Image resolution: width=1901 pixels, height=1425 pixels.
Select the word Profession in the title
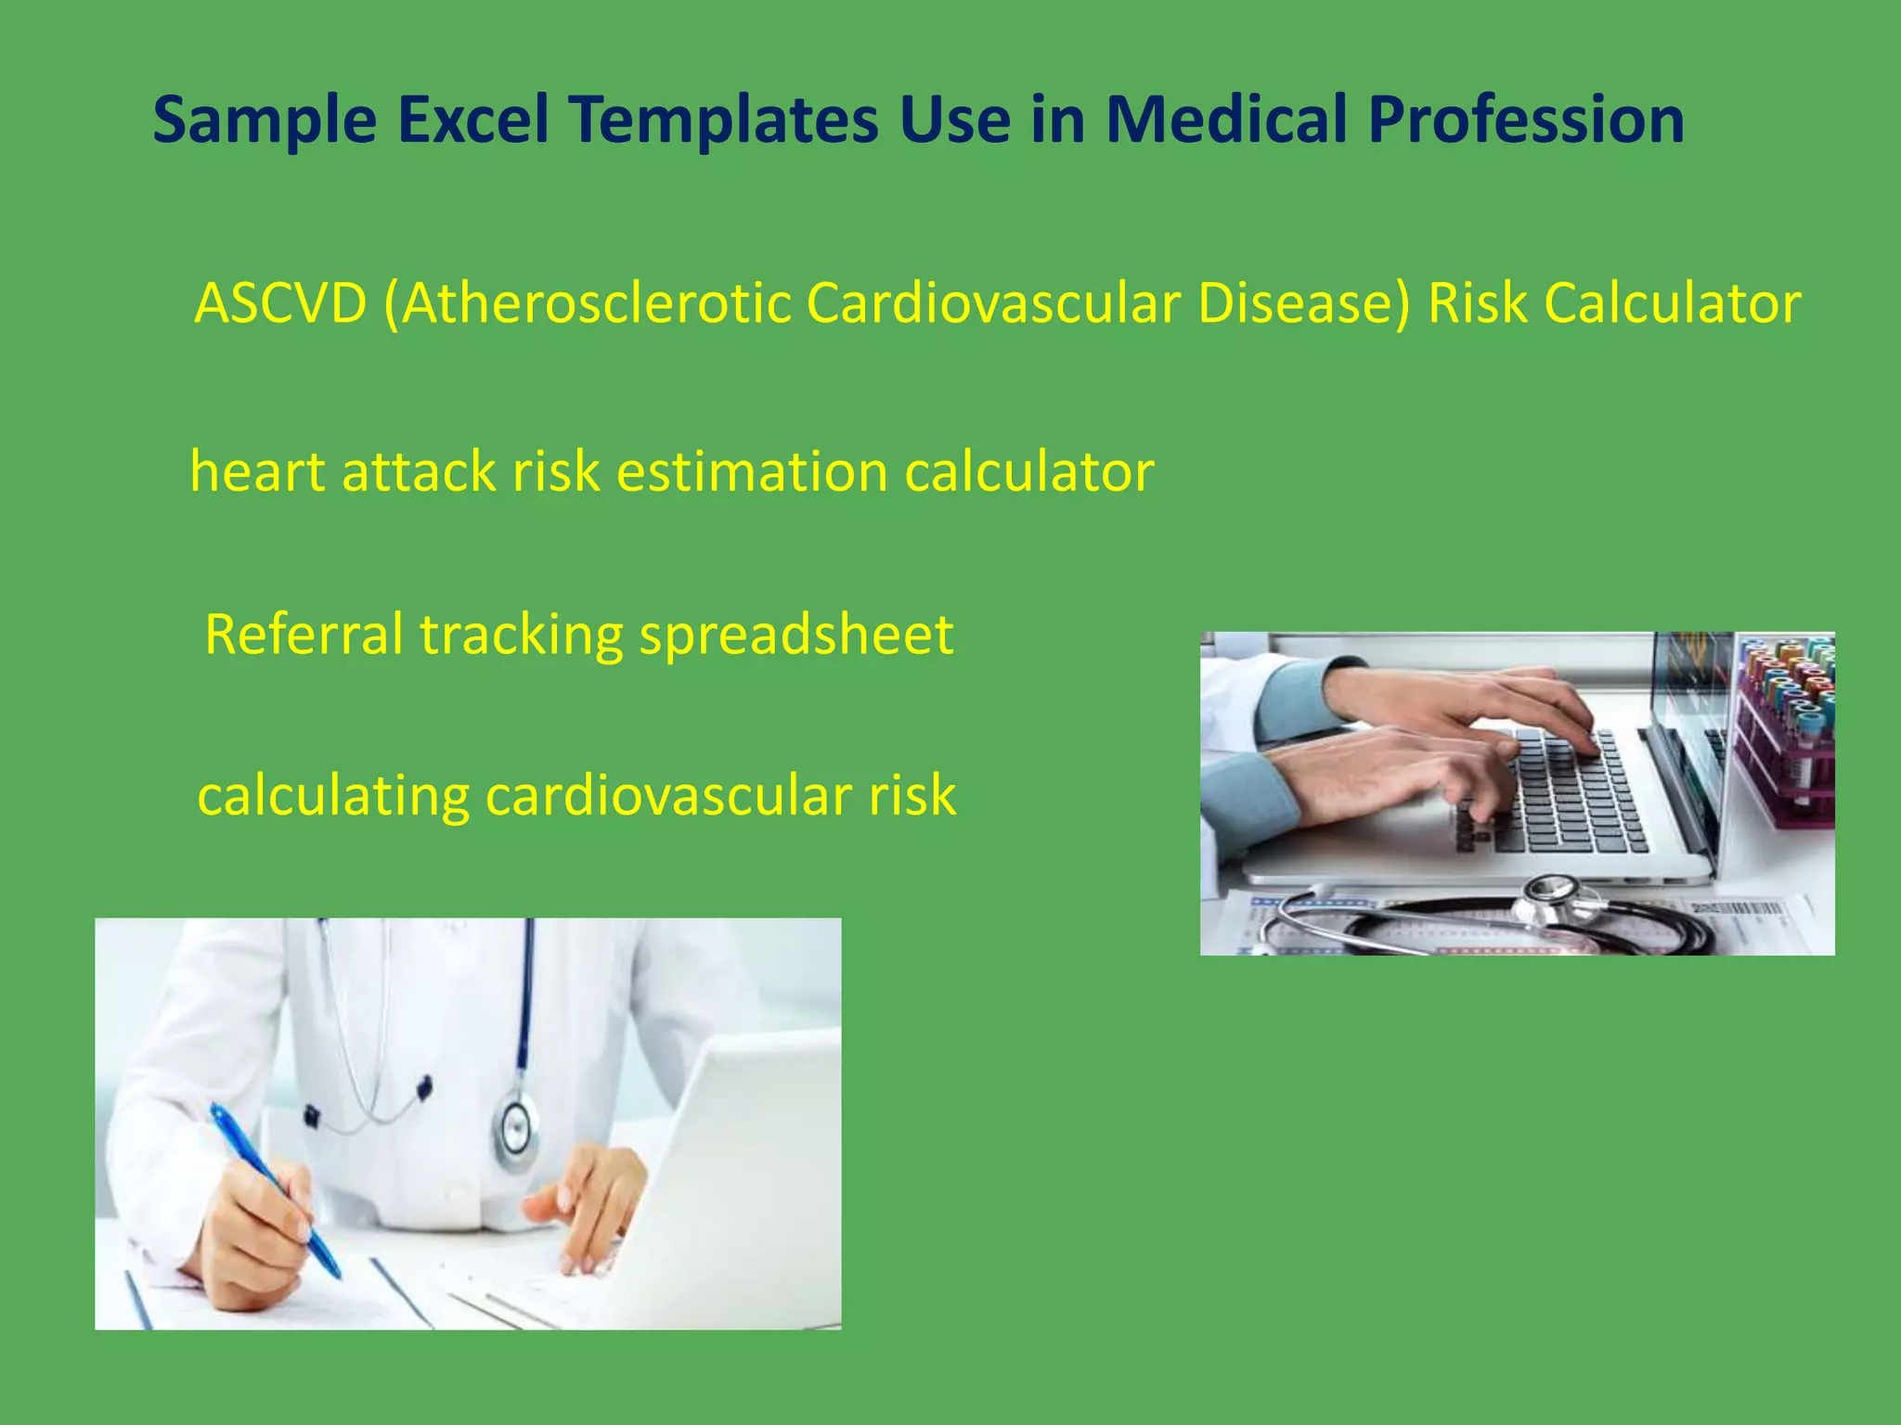[1526, 121]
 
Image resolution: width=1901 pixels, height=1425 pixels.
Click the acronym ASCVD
[280, 303]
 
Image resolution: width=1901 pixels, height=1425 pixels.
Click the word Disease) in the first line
[1303, 303]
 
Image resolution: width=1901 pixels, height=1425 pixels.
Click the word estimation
[753, 471]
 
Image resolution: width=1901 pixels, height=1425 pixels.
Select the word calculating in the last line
[333, 796]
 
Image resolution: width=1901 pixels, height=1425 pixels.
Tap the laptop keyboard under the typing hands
[1569, 798]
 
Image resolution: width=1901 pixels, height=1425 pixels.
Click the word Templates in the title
[725, 121]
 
